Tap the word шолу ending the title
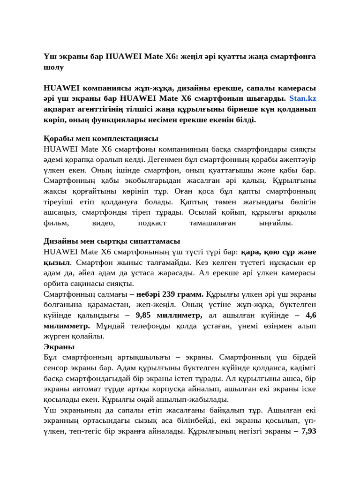[53, 67]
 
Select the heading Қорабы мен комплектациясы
[101, 138]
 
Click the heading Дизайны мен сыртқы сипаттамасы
[112, 241]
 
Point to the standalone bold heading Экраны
[59, 347]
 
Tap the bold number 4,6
[310, 315]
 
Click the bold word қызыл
[57, 262]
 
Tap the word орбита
[56, 283]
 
